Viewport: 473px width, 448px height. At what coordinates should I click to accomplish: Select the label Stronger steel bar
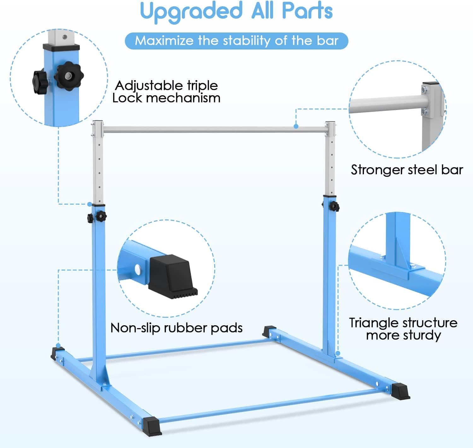point(407,170)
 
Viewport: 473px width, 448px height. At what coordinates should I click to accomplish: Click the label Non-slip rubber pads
point(176,328)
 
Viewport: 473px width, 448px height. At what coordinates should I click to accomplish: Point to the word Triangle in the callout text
point(374,323)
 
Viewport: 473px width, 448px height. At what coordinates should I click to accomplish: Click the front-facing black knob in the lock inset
point(68,76)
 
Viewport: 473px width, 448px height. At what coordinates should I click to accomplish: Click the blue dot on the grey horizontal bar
point(296,126)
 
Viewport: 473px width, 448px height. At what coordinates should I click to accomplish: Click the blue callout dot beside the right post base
point(338,353)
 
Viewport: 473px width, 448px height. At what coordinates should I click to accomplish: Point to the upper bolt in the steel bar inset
point(424,90)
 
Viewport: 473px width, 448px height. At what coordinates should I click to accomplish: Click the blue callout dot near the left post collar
point(90,204)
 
